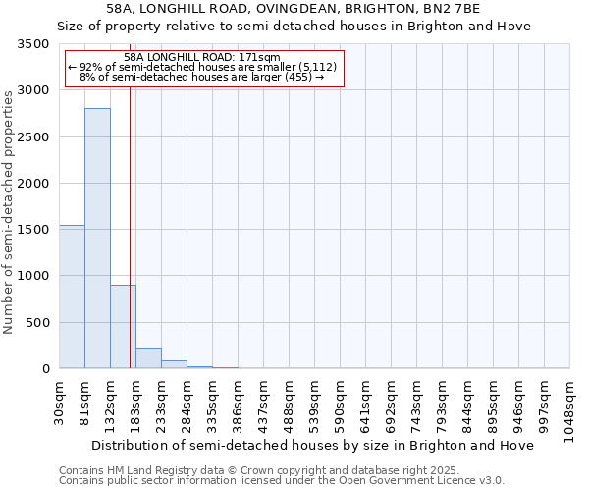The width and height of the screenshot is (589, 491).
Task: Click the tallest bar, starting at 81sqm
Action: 97,238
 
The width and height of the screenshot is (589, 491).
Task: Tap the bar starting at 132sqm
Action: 123,326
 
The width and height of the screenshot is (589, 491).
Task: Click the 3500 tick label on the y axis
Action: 32,45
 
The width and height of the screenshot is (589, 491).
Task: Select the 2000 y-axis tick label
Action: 32,184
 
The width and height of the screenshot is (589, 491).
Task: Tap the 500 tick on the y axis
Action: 37,323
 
